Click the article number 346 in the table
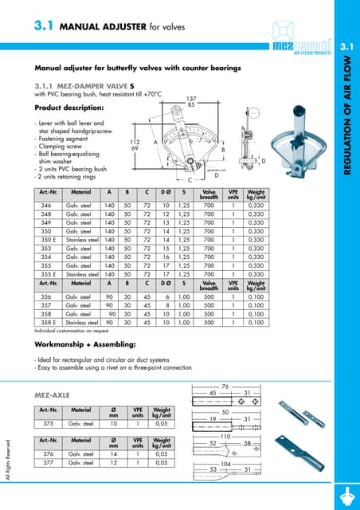point(47,206)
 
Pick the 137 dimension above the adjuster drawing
point(191,96)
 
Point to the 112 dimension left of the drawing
point(135,141)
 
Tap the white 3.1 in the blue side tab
point(347,49)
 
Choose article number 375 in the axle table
point(47,424)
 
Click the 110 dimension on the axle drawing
point(225,436)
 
